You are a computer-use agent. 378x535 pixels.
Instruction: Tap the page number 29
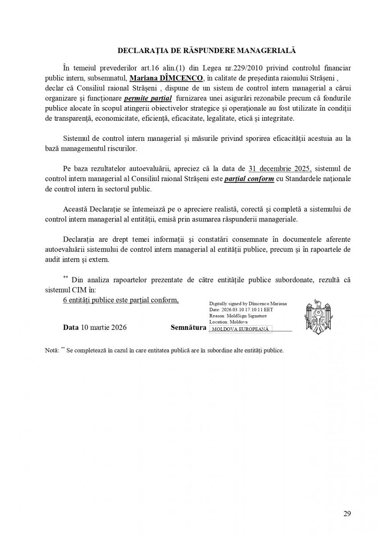[347, 514]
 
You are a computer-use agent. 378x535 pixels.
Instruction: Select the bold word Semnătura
[189, 327]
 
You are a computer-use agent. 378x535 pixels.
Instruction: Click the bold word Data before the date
[71, 327]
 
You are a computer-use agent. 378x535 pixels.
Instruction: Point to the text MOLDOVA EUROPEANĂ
[240, 329]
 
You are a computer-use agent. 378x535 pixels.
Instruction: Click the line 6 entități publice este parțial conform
[121, 300]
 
